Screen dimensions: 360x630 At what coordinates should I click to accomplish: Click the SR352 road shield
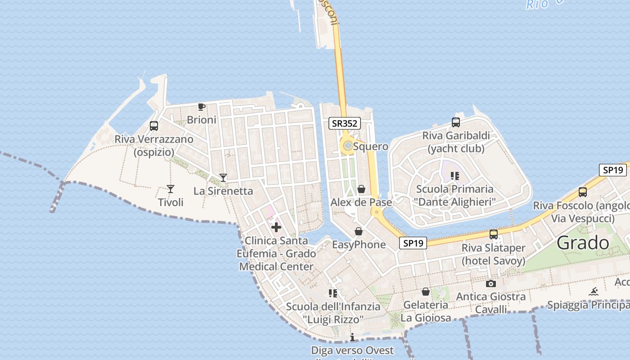[345, 123]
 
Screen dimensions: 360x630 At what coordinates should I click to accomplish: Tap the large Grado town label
[583, 243]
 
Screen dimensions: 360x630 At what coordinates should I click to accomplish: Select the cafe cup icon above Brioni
[202, 107]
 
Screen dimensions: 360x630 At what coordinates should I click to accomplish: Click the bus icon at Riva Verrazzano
[154, 126]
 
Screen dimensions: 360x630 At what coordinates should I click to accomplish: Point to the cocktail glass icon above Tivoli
[171, 189]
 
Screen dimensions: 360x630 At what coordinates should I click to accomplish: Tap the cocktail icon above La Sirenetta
[223, 177]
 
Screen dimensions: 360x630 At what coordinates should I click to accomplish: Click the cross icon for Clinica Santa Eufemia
[276, 227]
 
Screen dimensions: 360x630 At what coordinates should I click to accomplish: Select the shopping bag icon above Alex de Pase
[361, 189]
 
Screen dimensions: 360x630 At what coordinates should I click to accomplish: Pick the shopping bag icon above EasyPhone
[359, 231]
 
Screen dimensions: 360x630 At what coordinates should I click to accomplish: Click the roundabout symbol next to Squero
[347, 145]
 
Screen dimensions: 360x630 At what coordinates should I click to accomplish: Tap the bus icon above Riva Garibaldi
[456, 122]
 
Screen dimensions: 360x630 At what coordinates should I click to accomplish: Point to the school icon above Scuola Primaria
[455, 175]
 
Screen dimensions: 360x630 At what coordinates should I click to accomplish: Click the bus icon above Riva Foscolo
[583, 192]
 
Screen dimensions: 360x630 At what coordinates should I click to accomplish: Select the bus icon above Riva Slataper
[494, 234]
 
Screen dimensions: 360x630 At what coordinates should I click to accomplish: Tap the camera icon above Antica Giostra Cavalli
[491, 283]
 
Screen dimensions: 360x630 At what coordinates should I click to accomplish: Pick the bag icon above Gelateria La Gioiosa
[426, 292]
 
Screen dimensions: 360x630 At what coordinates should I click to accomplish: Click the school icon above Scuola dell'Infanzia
[333, 293]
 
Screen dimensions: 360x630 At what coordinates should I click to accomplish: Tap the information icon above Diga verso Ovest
[352, 337]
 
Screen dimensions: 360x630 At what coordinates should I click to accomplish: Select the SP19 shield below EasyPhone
[413, 243]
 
